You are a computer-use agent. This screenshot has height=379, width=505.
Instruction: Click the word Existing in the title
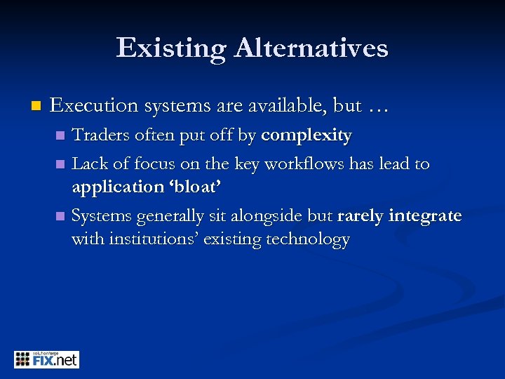pos(170,48)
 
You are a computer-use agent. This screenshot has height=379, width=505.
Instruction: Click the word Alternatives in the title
pos(311,48)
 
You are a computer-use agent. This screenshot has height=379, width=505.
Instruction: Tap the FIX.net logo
pos(46,359)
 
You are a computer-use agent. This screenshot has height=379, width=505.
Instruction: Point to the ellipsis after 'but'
pos(378,107)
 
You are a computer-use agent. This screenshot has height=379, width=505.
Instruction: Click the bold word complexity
pos(307,135)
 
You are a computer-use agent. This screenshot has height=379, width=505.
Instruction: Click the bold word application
pos(118,187)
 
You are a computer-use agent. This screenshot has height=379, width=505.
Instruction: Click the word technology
pos(308,239)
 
